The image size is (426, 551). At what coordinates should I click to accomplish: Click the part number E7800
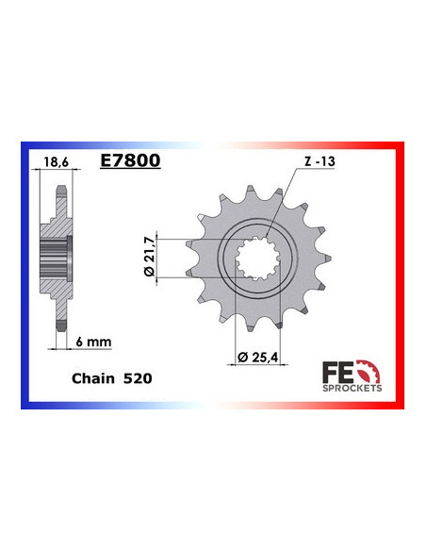coord(129,161)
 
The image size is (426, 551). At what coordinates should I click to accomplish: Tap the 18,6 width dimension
coord(57,162)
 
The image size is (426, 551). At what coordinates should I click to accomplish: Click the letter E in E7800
coord(105,161)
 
